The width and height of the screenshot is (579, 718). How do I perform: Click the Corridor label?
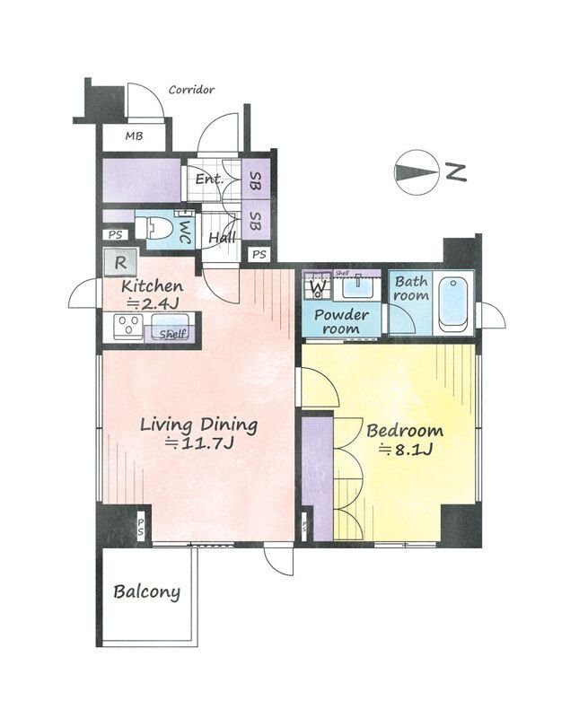click(x=191, y=89)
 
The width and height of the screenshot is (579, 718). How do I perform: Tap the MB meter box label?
click(x=135, y=136)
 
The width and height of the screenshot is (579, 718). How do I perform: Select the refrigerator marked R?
click(x=120, y=263)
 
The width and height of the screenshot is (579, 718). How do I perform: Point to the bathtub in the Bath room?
click(x=453, y=303)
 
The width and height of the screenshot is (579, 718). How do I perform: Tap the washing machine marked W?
click(x=317, y=285)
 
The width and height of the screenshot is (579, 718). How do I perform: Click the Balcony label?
click(x=146, y=592)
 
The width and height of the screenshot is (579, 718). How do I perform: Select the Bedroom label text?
click(x=405, y=431)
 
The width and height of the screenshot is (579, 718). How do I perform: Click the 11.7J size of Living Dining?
click(x=199, y=442)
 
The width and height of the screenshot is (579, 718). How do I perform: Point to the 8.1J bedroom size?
click(x=406, y=451)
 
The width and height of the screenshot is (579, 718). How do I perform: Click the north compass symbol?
click(x=415, y=171)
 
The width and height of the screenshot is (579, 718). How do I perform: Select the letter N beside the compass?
click(x=456, y=172)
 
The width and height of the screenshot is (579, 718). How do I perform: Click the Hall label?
click(x=222, y=237)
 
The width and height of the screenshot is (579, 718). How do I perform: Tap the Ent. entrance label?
click(x=209, y=179)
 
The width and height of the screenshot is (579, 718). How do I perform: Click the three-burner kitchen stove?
click(x=129, y=326)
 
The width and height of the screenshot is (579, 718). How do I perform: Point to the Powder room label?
click(x=341, y=321)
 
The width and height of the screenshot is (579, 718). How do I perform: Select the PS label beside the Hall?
click(x=259, y=254)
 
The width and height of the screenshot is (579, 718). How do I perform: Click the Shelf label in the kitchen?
click(x=172, y=334)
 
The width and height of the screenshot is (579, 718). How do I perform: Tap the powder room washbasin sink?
click(x=356, y=287)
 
